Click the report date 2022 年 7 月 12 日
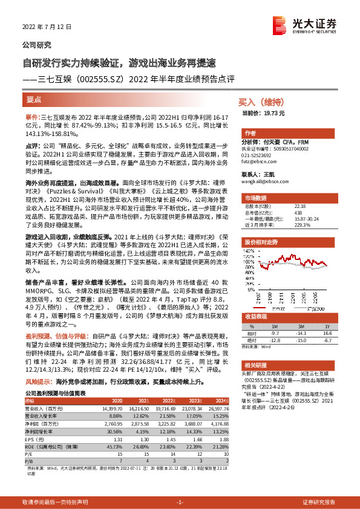[x=47, y=28]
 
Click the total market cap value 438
[x=298, y=213]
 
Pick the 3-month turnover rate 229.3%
[x=301, y=225]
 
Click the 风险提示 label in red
[x=38, y=382]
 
